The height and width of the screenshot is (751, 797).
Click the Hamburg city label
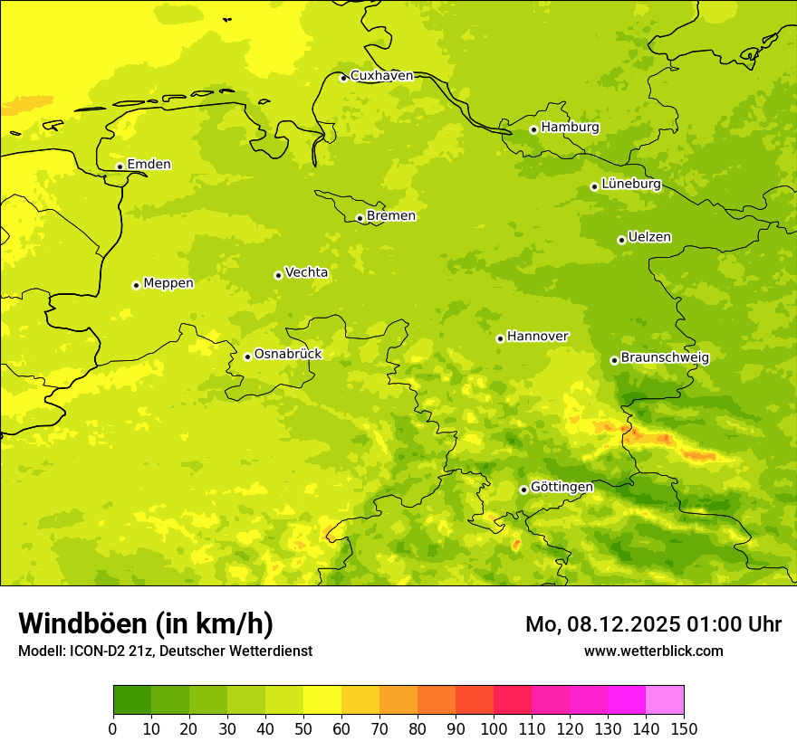point(570,128)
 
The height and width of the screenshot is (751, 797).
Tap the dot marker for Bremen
point(360,218)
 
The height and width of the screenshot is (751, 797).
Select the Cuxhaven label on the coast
point(381,76)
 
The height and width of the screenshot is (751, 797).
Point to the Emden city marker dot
point(120,166)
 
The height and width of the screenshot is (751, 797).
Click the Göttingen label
point(562,488)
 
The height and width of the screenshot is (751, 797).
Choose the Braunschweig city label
point(665,358)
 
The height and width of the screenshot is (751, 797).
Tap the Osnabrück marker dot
point(247,356)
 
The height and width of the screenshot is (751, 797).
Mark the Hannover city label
point(537,337)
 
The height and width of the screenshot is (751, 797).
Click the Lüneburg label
point(630,185)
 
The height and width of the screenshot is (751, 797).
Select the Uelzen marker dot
point(621,240)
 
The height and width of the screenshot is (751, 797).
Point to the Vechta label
point(306,272)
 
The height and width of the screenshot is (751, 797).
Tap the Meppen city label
point(168,283)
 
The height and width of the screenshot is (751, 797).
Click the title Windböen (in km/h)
point(146,623)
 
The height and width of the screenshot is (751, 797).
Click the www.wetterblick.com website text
point(653,651)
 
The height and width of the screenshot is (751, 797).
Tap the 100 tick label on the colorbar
point(494,728)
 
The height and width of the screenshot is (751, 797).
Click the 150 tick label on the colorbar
point(684,728)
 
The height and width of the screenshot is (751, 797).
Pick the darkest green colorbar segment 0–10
point(132,700)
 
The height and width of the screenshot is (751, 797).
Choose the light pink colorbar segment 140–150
point(665,700)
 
